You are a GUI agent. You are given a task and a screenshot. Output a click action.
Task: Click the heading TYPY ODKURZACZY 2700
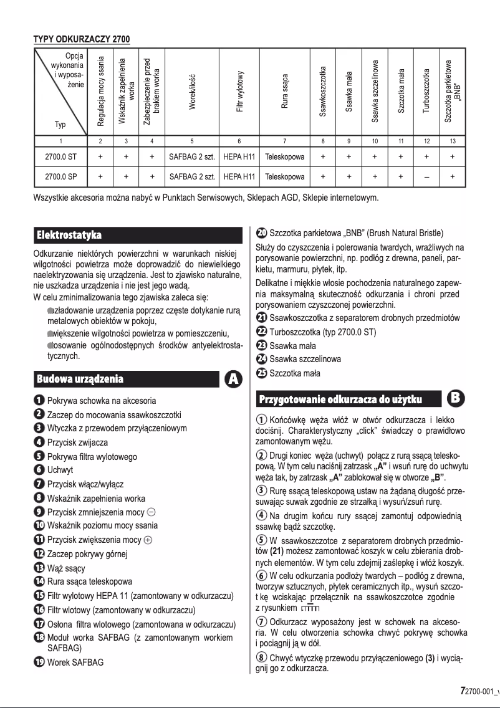click(x=81, y=40)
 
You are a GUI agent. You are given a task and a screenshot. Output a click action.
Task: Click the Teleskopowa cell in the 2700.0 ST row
click(x=284, y=158)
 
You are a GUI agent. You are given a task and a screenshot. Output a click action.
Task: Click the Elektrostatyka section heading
click(x=69, y=236)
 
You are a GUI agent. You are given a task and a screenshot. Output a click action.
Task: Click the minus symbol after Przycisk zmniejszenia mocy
click(x=151, y=512)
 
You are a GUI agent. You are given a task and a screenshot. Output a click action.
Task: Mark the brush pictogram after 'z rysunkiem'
click(x=310, y=608)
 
